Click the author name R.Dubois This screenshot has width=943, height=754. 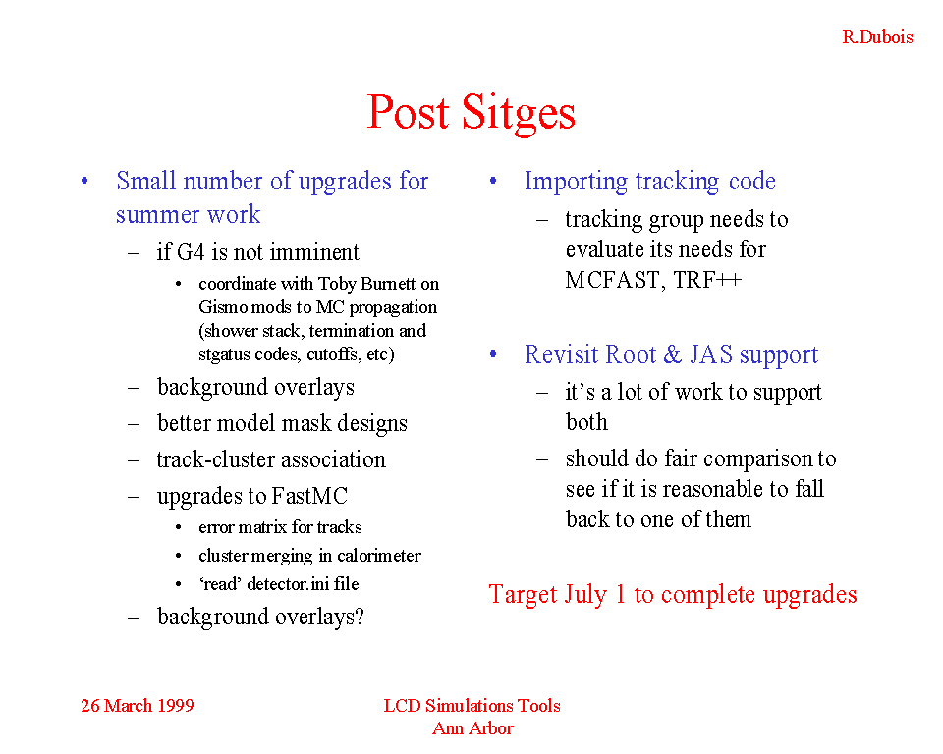877,37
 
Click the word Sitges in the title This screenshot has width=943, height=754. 519,113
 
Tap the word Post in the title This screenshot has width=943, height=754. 408,112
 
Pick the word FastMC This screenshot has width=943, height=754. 309,496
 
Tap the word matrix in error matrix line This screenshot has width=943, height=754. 263,527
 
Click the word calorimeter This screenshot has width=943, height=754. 379,556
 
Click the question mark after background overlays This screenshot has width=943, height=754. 360,617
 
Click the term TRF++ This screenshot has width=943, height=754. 707,280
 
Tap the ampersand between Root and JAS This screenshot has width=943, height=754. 672,354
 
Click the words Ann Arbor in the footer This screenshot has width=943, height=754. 472,728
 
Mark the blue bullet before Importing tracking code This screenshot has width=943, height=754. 493,181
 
